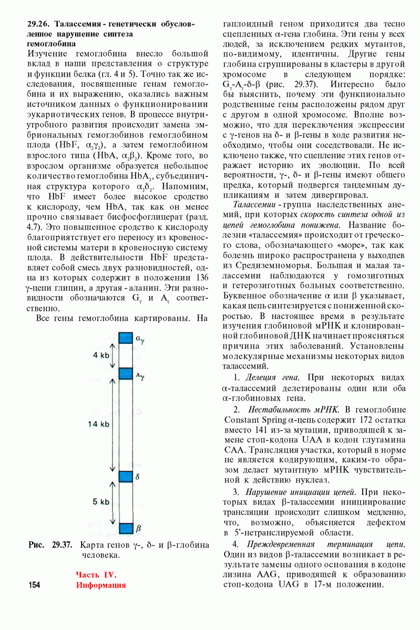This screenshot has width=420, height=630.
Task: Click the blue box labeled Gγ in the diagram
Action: tap(126, 338)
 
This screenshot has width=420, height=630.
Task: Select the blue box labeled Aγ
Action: tap(126, 374)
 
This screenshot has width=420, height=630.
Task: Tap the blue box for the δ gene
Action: tap(126, 476)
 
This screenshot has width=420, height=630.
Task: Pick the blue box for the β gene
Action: tap(126, 528)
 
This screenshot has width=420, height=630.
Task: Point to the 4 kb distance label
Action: tap(101, 355)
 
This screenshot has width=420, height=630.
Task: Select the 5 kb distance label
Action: tap(101, 502)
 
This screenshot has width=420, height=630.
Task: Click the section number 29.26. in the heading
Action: tap(39, 24)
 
